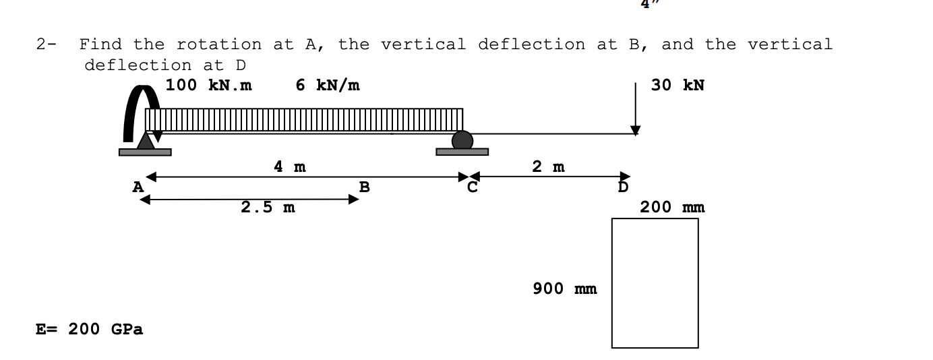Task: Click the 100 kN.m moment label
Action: tap(209, 86)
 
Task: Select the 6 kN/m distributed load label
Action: tap(328, 86)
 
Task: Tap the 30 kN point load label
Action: tap(678, 86)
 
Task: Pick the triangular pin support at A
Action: tap(146, 140)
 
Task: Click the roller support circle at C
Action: tap(462, 140)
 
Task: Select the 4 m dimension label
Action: tap(290, 167)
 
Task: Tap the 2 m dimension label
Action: tap(549, 167)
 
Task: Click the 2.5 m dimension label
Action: tap(268, 208)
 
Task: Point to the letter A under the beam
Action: tap(138, 187)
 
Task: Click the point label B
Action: tap(364, 187)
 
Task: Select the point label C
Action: tap(473, 187)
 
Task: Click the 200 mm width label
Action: tap(672, 207)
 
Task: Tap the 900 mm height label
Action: tap(564, 289)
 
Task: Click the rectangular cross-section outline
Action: tap(655, 283)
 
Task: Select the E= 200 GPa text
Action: tap(89, 330)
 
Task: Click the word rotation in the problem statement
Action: tap(219, 45)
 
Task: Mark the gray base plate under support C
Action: tap(462, 152)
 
